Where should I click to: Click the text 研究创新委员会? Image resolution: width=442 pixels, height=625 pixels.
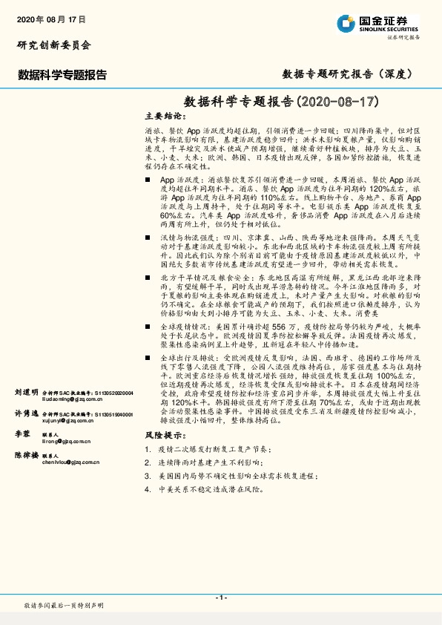(53, 45)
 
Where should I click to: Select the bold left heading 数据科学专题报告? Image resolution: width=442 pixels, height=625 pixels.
(62, 74)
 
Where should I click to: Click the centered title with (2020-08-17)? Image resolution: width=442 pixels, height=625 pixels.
(281, 100)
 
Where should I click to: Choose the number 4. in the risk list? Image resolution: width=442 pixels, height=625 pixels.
(149, 489)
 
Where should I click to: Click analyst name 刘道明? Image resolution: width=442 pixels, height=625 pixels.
(27, 391)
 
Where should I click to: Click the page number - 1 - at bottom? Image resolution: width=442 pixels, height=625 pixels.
(220, 598)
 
